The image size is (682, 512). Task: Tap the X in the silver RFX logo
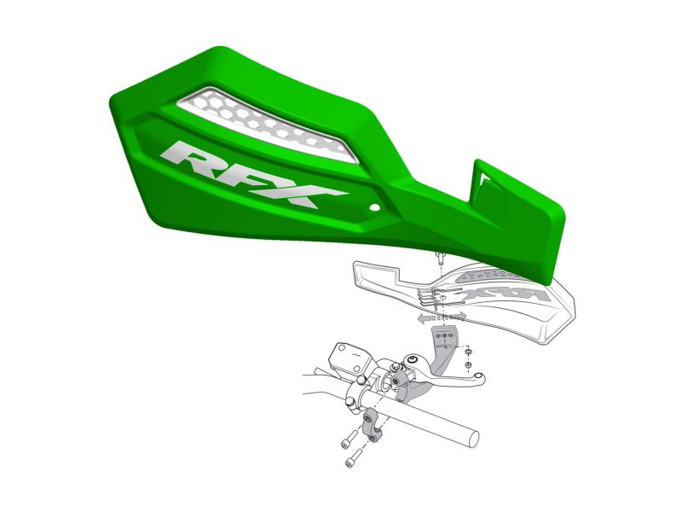304,194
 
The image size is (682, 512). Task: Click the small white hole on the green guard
373,207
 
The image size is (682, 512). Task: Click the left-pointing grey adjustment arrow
427,318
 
